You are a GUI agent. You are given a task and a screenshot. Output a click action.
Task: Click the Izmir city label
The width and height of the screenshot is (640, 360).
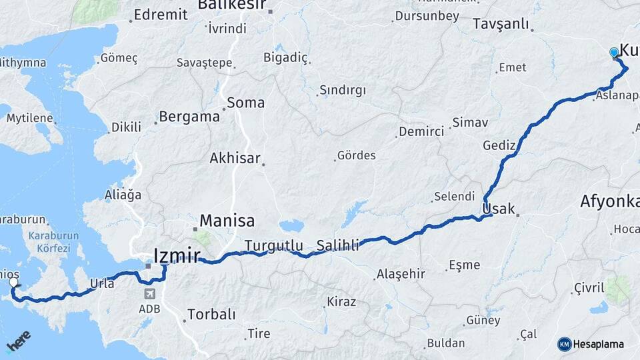click(x=176, y=255)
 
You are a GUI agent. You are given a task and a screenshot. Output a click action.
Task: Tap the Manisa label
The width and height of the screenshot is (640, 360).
click(x=227, y=220)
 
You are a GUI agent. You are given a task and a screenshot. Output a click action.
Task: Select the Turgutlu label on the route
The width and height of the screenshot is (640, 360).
click(x=273, y=245)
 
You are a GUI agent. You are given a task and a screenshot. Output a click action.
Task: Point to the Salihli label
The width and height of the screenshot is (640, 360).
click(x=337, y=245)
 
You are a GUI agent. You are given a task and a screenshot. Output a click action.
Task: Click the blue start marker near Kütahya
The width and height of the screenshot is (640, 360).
click(x=614, y=52)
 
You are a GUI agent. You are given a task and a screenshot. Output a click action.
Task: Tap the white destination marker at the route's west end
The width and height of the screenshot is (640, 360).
click(x=13, y=283)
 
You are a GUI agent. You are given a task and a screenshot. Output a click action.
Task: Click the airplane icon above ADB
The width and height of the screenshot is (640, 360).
click(x=149, y=293)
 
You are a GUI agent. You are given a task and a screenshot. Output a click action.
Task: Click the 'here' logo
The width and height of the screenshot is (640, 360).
click(x=19, y=341)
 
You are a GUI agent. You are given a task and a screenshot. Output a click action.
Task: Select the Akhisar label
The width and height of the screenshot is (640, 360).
click(x=234, y=158)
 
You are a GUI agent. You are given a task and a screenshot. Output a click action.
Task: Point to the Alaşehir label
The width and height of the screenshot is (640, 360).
click(x=401, y=273)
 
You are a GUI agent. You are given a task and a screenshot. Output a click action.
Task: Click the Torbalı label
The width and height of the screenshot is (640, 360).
click(x=211, y=313)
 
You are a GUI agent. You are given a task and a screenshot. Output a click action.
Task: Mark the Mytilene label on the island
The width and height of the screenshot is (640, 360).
click(x=29, y=118)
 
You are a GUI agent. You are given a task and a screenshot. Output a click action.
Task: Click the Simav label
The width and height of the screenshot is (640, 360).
click(x=470, y=122)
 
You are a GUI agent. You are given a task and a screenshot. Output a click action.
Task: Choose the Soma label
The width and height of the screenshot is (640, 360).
click(x=245, y=103)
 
